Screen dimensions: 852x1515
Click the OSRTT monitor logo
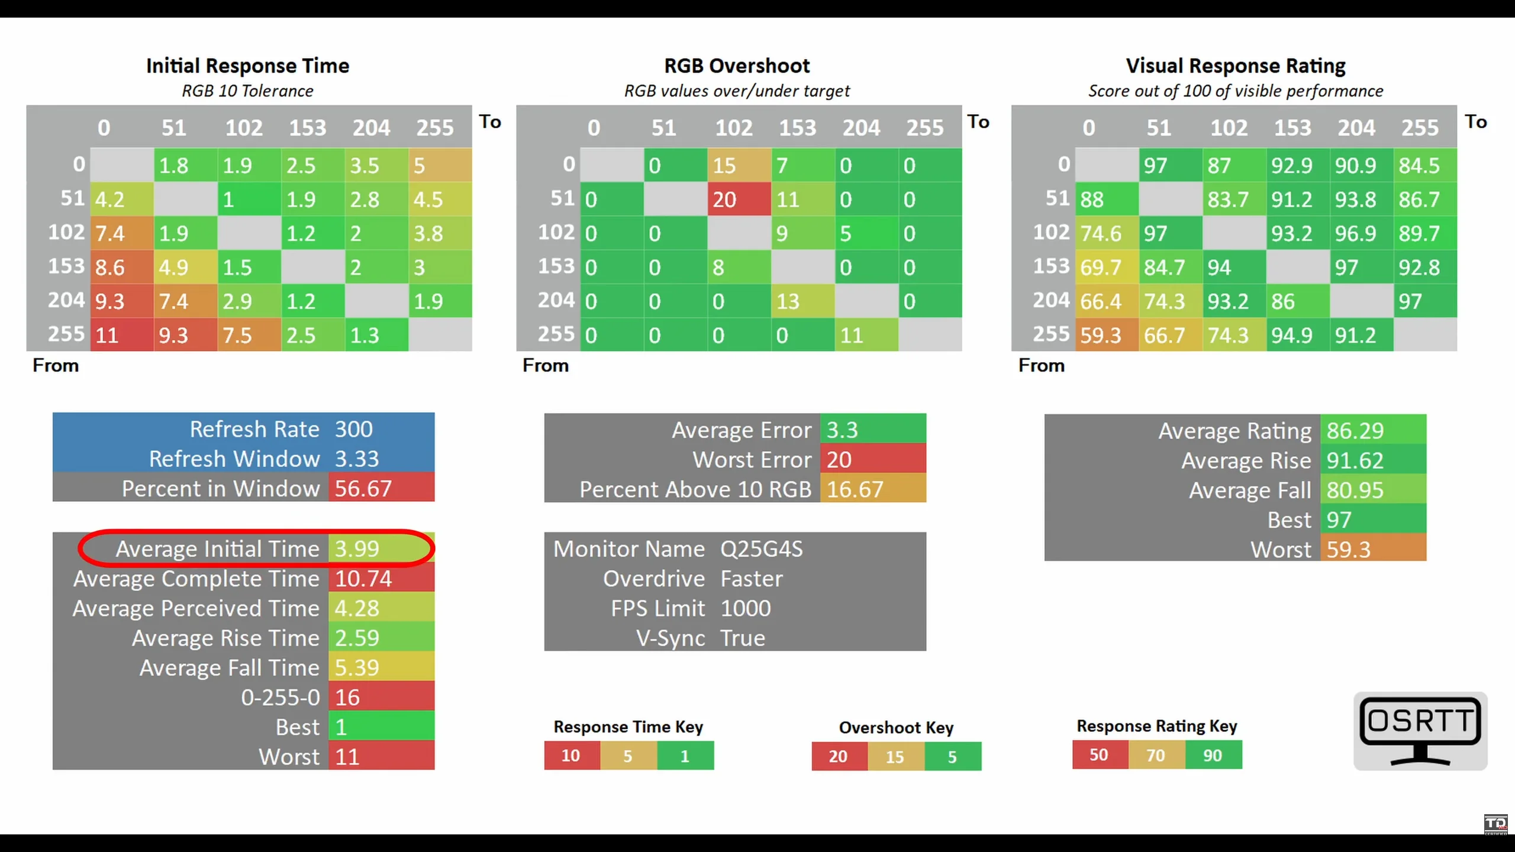tap(1420, 731)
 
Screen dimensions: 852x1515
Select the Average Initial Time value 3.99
tap(357, 548)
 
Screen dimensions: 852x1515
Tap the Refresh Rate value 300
tap(354, 429)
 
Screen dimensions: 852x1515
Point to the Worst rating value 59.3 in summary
tap(1349, 550)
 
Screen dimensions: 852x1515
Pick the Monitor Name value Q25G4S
tap(762, 548)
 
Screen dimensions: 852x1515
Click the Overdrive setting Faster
tap(752, 579)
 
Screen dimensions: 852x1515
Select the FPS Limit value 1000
tap(746, 608)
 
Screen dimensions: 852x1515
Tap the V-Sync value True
tap(743, 638)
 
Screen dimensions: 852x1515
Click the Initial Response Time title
tap(247, 66)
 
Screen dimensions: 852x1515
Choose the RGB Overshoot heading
tap(737, 66)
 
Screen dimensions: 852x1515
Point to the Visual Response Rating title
tap(1236, 66)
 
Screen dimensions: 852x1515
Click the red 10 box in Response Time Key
tap(571, 756)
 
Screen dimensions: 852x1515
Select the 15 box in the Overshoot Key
tap(895, 757)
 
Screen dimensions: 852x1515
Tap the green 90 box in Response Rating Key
tap(1213, 756)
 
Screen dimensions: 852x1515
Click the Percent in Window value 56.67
tap(363, 489)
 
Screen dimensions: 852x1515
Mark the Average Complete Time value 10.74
tap(363, 579)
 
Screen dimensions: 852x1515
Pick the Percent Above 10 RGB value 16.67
tap(855, 489)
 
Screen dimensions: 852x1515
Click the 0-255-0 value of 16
tap(348, 698)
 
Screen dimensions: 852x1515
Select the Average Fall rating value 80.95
tap(1355, 490)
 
